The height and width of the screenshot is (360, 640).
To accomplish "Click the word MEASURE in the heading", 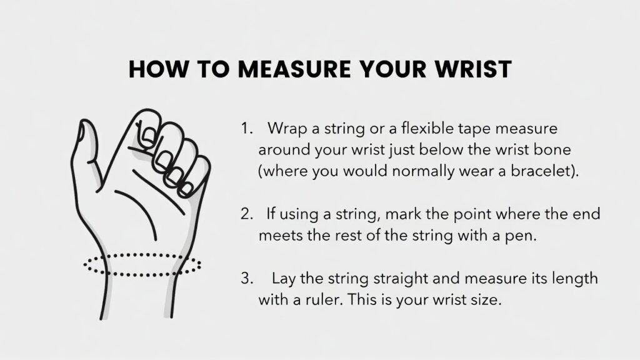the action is click(294, 69).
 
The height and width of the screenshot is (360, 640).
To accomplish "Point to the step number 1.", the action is click(246, 129).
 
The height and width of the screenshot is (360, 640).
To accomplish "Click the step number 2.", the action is click(247, 214).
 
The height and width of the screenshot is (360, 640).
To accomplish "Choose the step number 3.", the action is click(247, 278).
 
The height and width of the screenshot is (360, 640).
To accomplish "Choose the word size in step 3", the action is click(486, 300).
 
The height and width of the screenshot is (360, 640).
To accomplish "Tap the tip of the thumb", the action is click(84, 122).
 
